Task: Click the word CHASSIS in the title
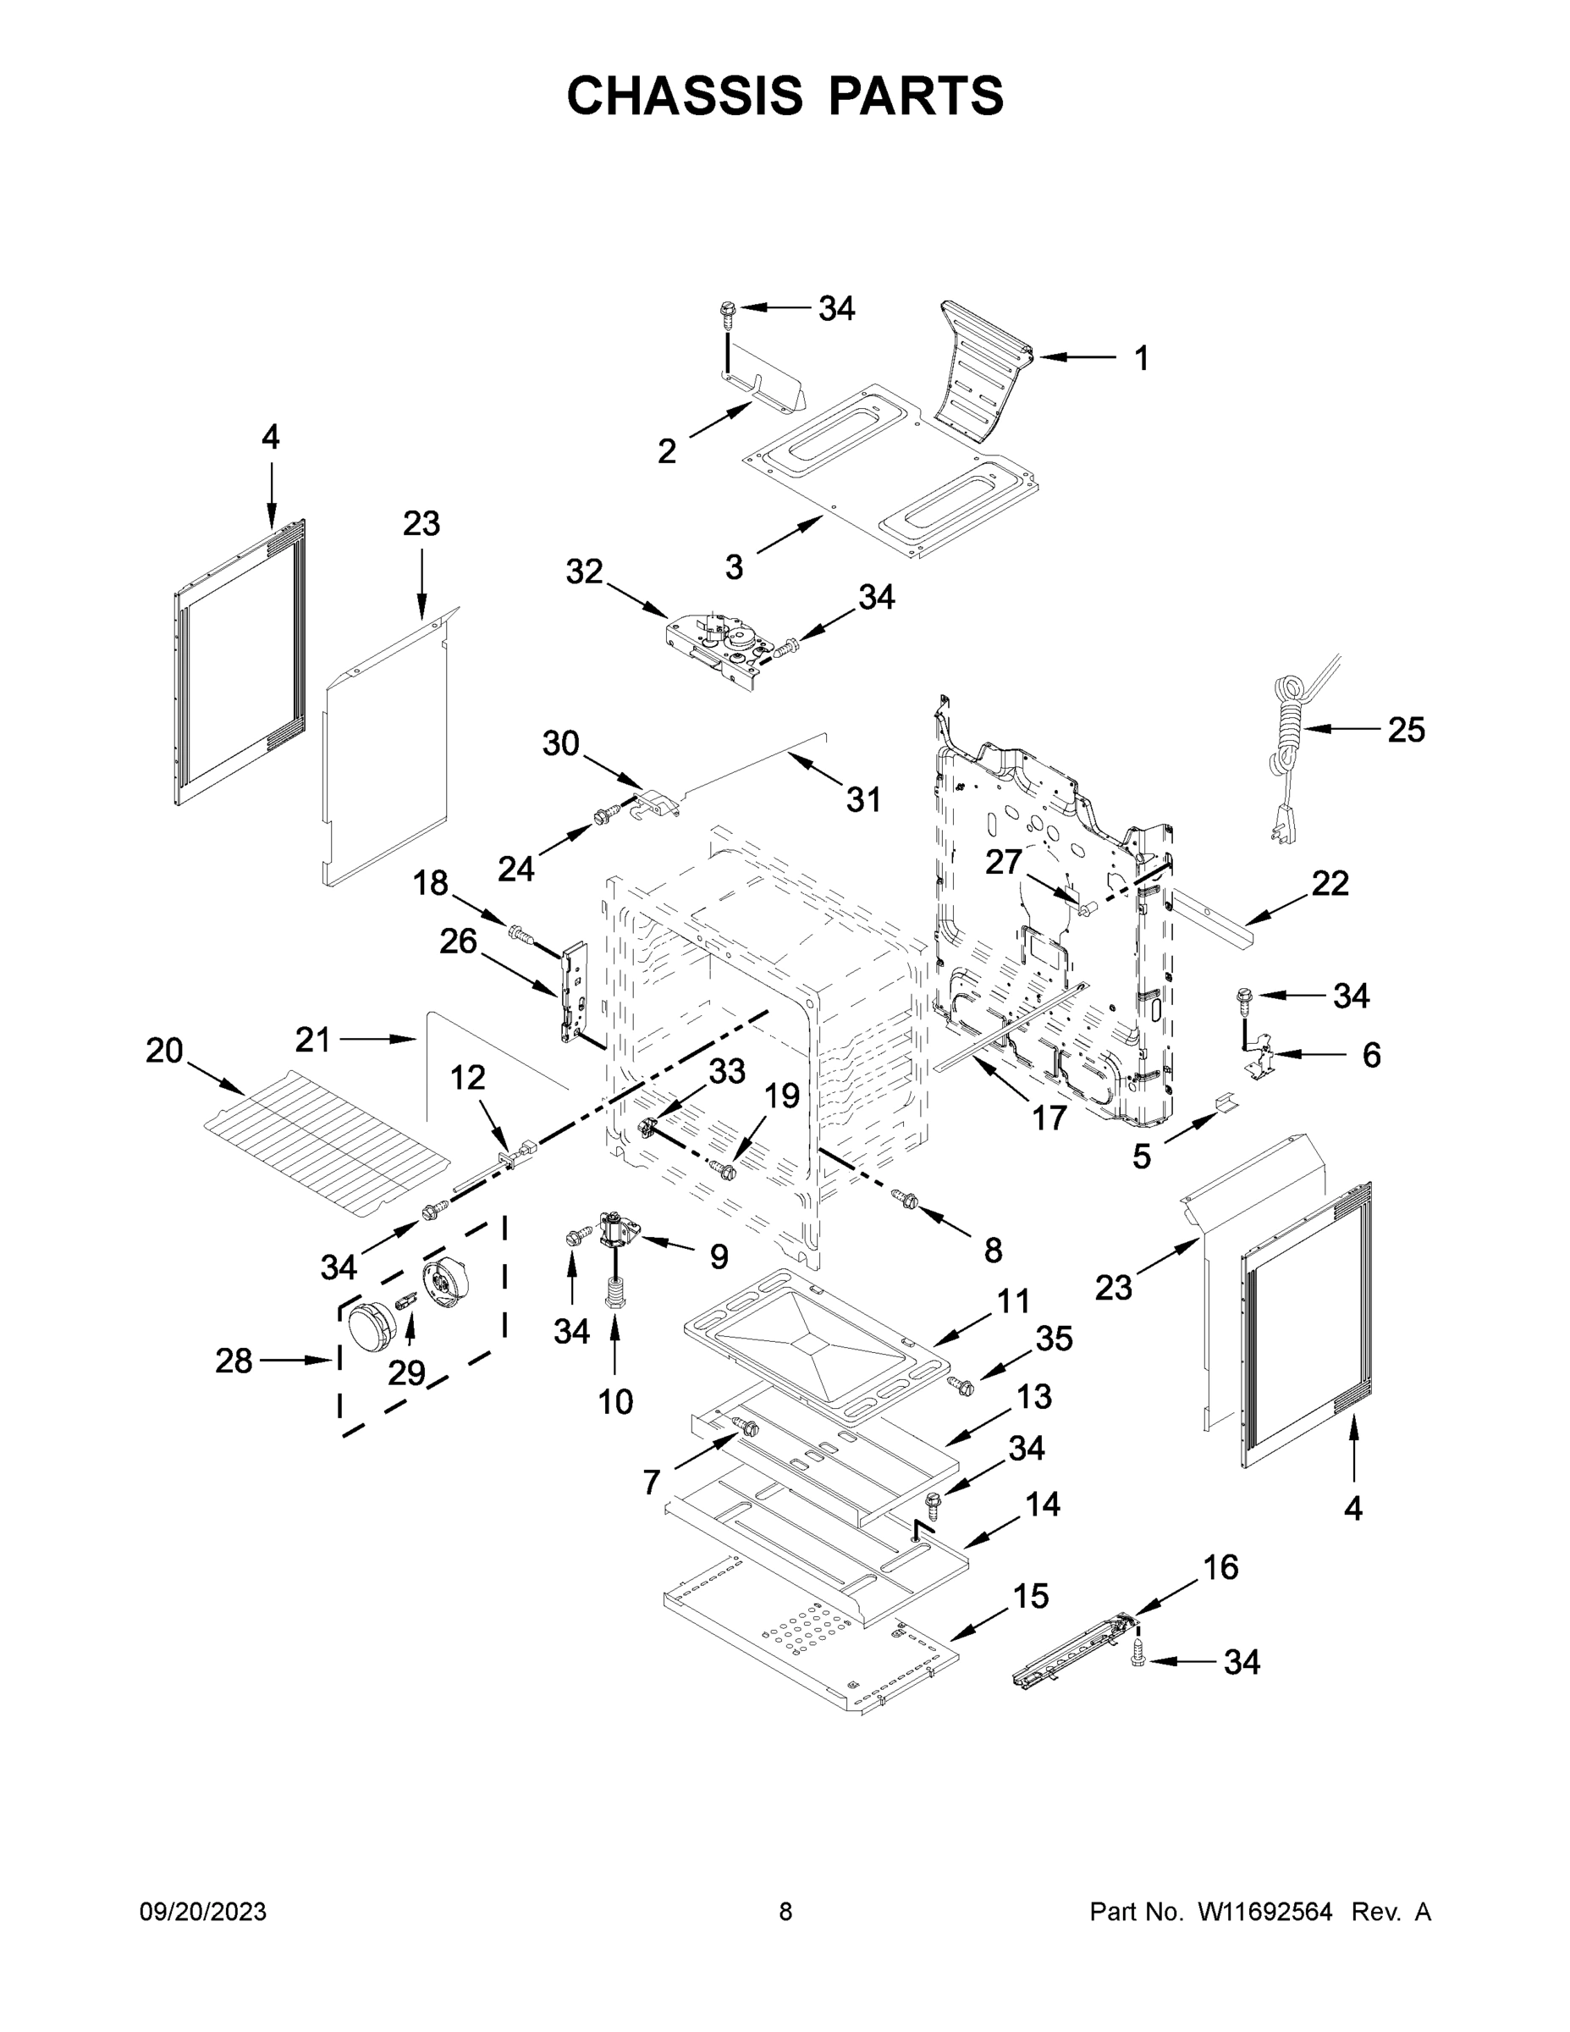[x=685, y=96]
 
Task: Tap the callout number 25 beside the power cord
[x=1405, y=731]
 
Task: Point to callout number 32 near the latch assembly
[x=584, y=572]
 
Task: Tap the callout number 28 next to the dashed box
[x=234, y=1361]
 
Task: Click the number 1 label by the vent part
[x=1141, y=358]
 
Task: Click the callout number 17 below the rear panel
[x=1049, y=1118]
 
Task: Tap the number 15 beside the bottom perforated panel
[x=1031, y=1596]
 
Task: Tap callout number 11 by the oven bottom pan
[x=1014, y=1300]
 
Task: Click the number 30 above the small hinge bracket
[x=561, y=743]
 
